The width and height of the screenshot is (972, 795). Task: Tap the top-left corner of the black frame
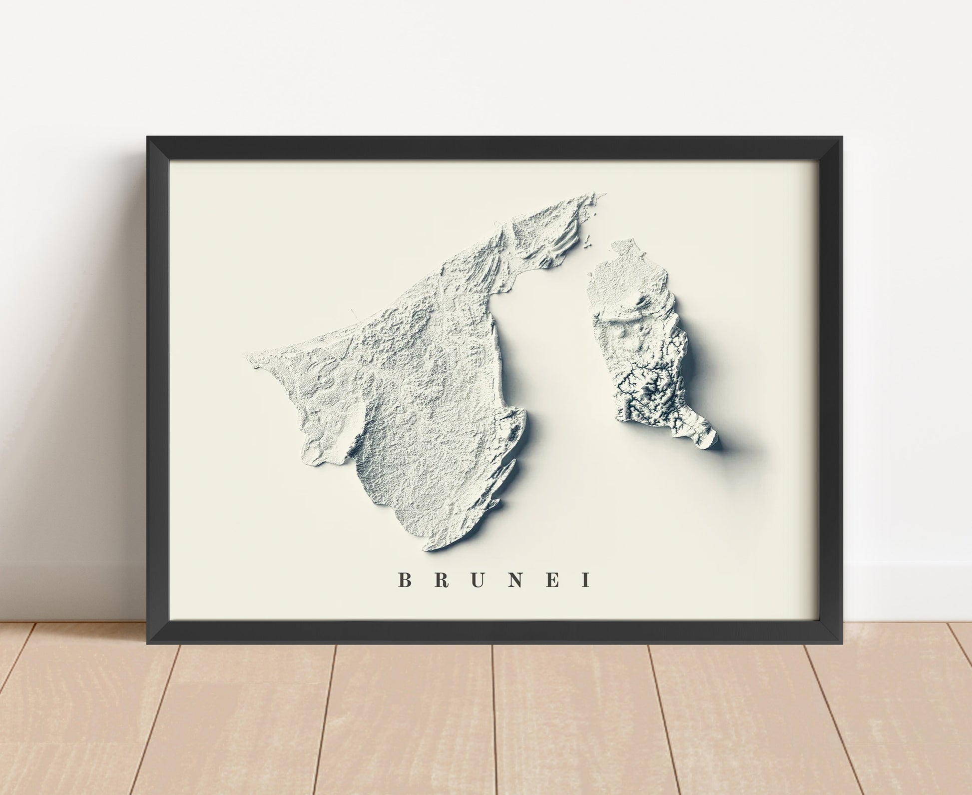[x=147, y=137]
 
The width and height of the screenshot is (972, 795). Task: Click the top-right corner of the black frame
[x=842, y=137]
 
